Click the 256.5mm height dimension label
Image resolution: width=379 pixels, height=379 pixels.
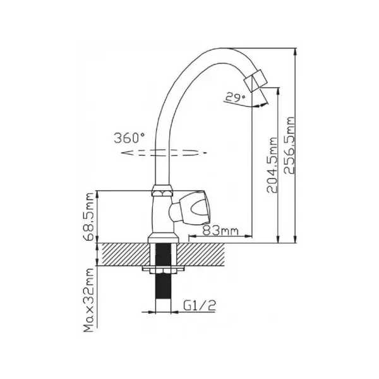point(289,145)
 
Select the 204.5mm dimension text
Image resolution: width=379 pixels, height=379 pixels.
point(272,165)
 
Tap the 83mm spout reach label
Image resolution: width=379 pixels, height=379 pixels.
point(220,231)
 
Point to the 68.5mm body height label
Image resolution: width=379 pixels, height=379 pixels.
point(88,217)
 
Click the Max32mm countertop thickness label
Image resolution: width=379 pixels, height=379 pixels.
point(88,300)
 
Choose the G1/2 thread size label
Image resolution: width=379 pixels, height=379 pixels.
point(200,305)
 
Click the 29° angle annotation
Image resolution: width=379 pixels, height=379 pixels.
point(235,97)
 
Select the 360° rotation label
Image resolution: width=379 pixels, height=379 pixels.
point(129,138)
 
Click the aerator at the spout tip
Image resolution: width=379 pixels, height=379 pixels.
point(255,81)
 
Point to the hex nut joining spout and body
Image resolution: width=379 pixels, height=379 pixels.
point(163,191)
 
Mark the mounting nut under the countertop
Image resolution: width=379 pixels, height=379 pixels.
point(164,270)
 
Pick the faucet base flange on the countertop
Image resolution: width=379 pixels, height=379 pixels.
point(164,238)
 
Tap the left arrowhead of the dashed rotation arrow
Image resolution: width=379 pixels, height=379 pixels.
point(125,153)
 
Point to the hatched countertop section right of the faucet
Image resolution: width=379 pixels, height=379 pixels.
point(201,255)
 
